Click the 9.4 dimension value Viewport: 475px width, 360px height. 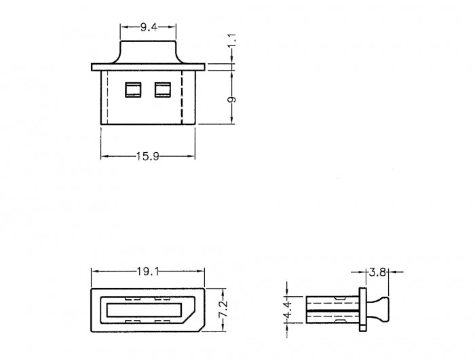coord(149,28)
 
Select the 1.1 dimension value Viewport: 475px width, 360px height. coord(232,40)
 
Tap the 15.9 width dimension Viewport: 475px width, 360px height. coord(147,156)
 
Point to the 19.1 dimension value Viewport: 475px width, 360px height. coord(147,272)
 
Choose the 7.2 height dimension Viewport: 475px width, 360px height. coord(223,309)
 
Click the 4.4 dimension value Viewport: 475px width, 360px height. coord(287,310)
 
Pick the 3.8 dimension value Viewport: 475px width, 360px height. coord(377,272)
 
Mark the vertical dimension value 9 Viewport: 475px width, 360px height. coord(232,100)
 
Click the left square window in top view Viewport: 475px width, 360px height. coord(133,90)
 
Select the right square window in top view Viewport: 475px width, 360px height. coord(163,90)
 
